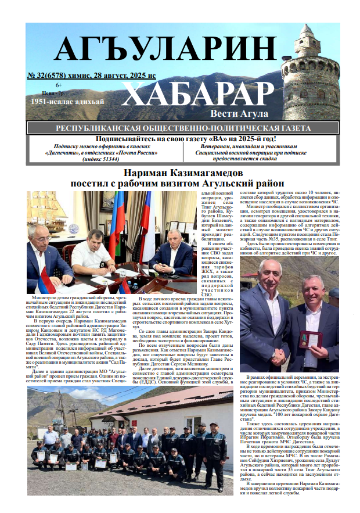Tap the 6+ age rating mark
[x=59, y=85]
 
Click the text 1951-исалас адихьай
[x=69, y=102]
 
